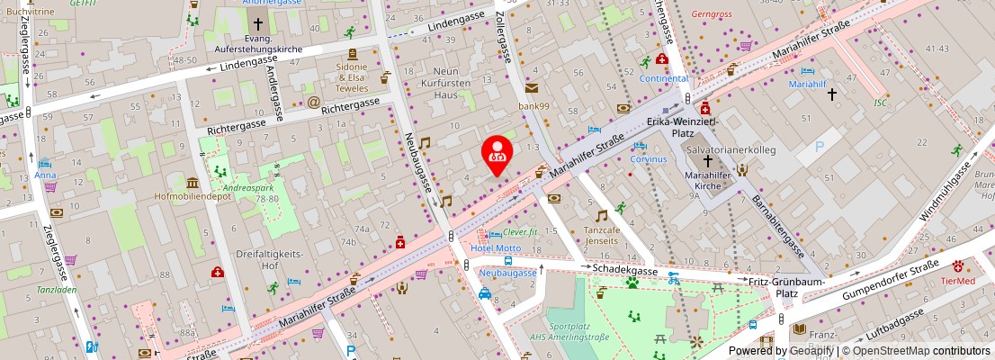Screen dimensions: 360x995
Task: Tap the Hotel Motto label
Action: pos(496,248)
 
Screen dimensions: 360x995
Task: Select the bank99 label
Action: pos(533,106)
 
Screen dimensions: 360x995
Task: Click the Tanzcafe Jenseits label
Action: pos(601,235)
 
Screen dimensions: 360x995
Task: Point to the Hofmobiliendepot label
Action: pos(193,194)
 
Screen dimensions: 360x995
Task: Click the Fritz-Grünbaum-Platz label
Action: pos(775,287)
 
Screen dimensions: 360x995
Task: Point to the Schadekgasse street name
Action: pos(626,268)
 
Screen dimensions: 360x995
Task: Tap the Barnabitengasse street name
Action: pos(778,223)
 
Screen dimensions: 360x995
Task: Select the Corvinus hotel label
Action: pos(649,159)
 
